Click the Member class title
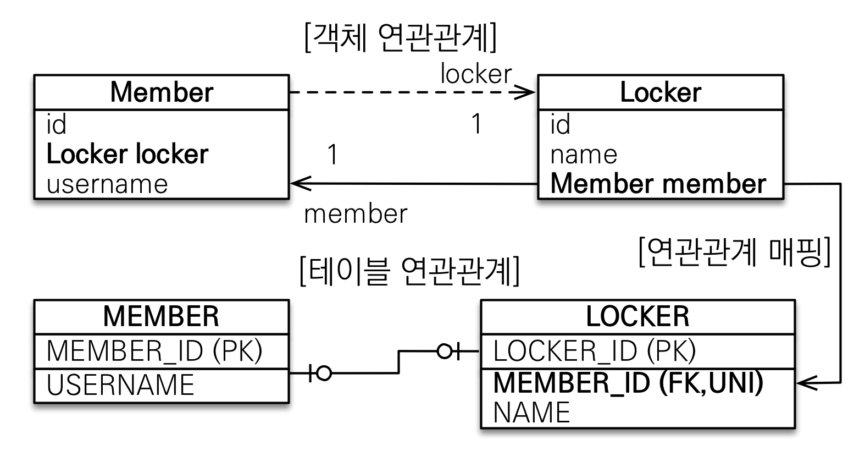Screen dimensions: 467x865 point(161,92)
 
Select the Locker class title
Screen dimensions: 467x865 point(660,92)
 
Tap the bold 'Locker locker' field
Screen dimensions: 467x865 point(127,154)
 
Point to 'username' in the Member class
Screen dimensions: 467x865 point(107,184)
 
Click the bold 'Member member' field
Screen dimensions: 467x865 point(658,184)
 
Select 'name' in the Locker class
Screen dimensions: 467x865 point(584,155)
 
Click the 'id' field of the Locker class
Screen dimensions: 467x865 point(560,125)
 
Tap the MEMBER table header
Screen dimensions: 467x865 point(161,316)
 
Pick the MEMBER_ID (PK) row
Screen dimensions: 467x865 point(154,351)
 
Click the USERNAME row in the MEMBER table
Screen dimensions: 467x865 point(120,385)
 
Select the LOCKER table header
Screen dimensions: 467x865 point(637,316)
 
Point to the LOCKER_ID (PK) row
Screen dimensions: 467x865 point(595,351)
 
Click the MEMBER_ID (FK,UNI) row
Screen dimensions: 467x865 point(628,383)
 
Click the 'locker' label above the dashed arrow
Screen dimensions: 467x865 point(476,74)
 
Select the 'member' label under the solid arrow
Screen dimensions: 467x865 point(356,214)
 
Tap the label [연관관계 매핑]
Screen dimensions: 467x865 point(735,252)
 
